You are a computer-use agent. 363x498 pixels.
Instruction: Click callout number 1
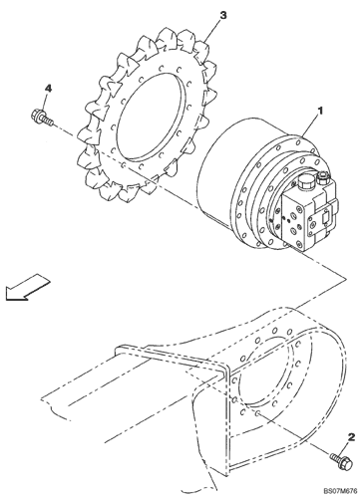[320, 111]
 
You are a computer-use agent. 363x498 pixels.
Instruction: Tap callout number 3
[223, 15]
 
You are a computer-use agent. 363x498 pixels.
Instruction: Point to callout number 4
[48, 89]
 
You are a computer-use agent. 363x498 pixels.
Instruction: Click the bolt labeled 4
[42, 118]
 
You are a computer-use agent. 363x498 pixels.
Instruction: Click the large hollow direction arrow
[27, 287]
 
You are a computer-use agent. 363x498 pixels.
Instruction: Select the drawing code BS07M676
[341, 490]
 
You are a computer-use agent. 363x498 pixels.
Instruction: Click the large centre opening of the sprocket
[151, 116]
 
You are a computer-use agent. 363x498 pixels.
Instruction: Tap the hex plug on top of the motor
[305, 181]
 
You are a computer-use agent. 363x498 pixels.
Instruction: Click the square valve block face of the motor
[294, 217]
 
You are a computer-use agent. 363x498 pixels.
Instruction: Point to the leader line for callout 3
[213, 31]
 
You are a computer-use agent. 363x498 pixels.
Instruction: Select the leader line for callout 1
[310, 126]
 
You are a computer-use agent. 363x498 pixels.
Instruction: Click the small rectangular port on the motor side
[324, 219]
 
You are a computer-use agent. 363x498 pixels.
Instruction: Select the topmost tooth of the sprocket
[167, 37]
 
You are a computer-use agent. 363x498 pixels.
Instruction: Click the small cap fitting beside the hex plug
[323, 177]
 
